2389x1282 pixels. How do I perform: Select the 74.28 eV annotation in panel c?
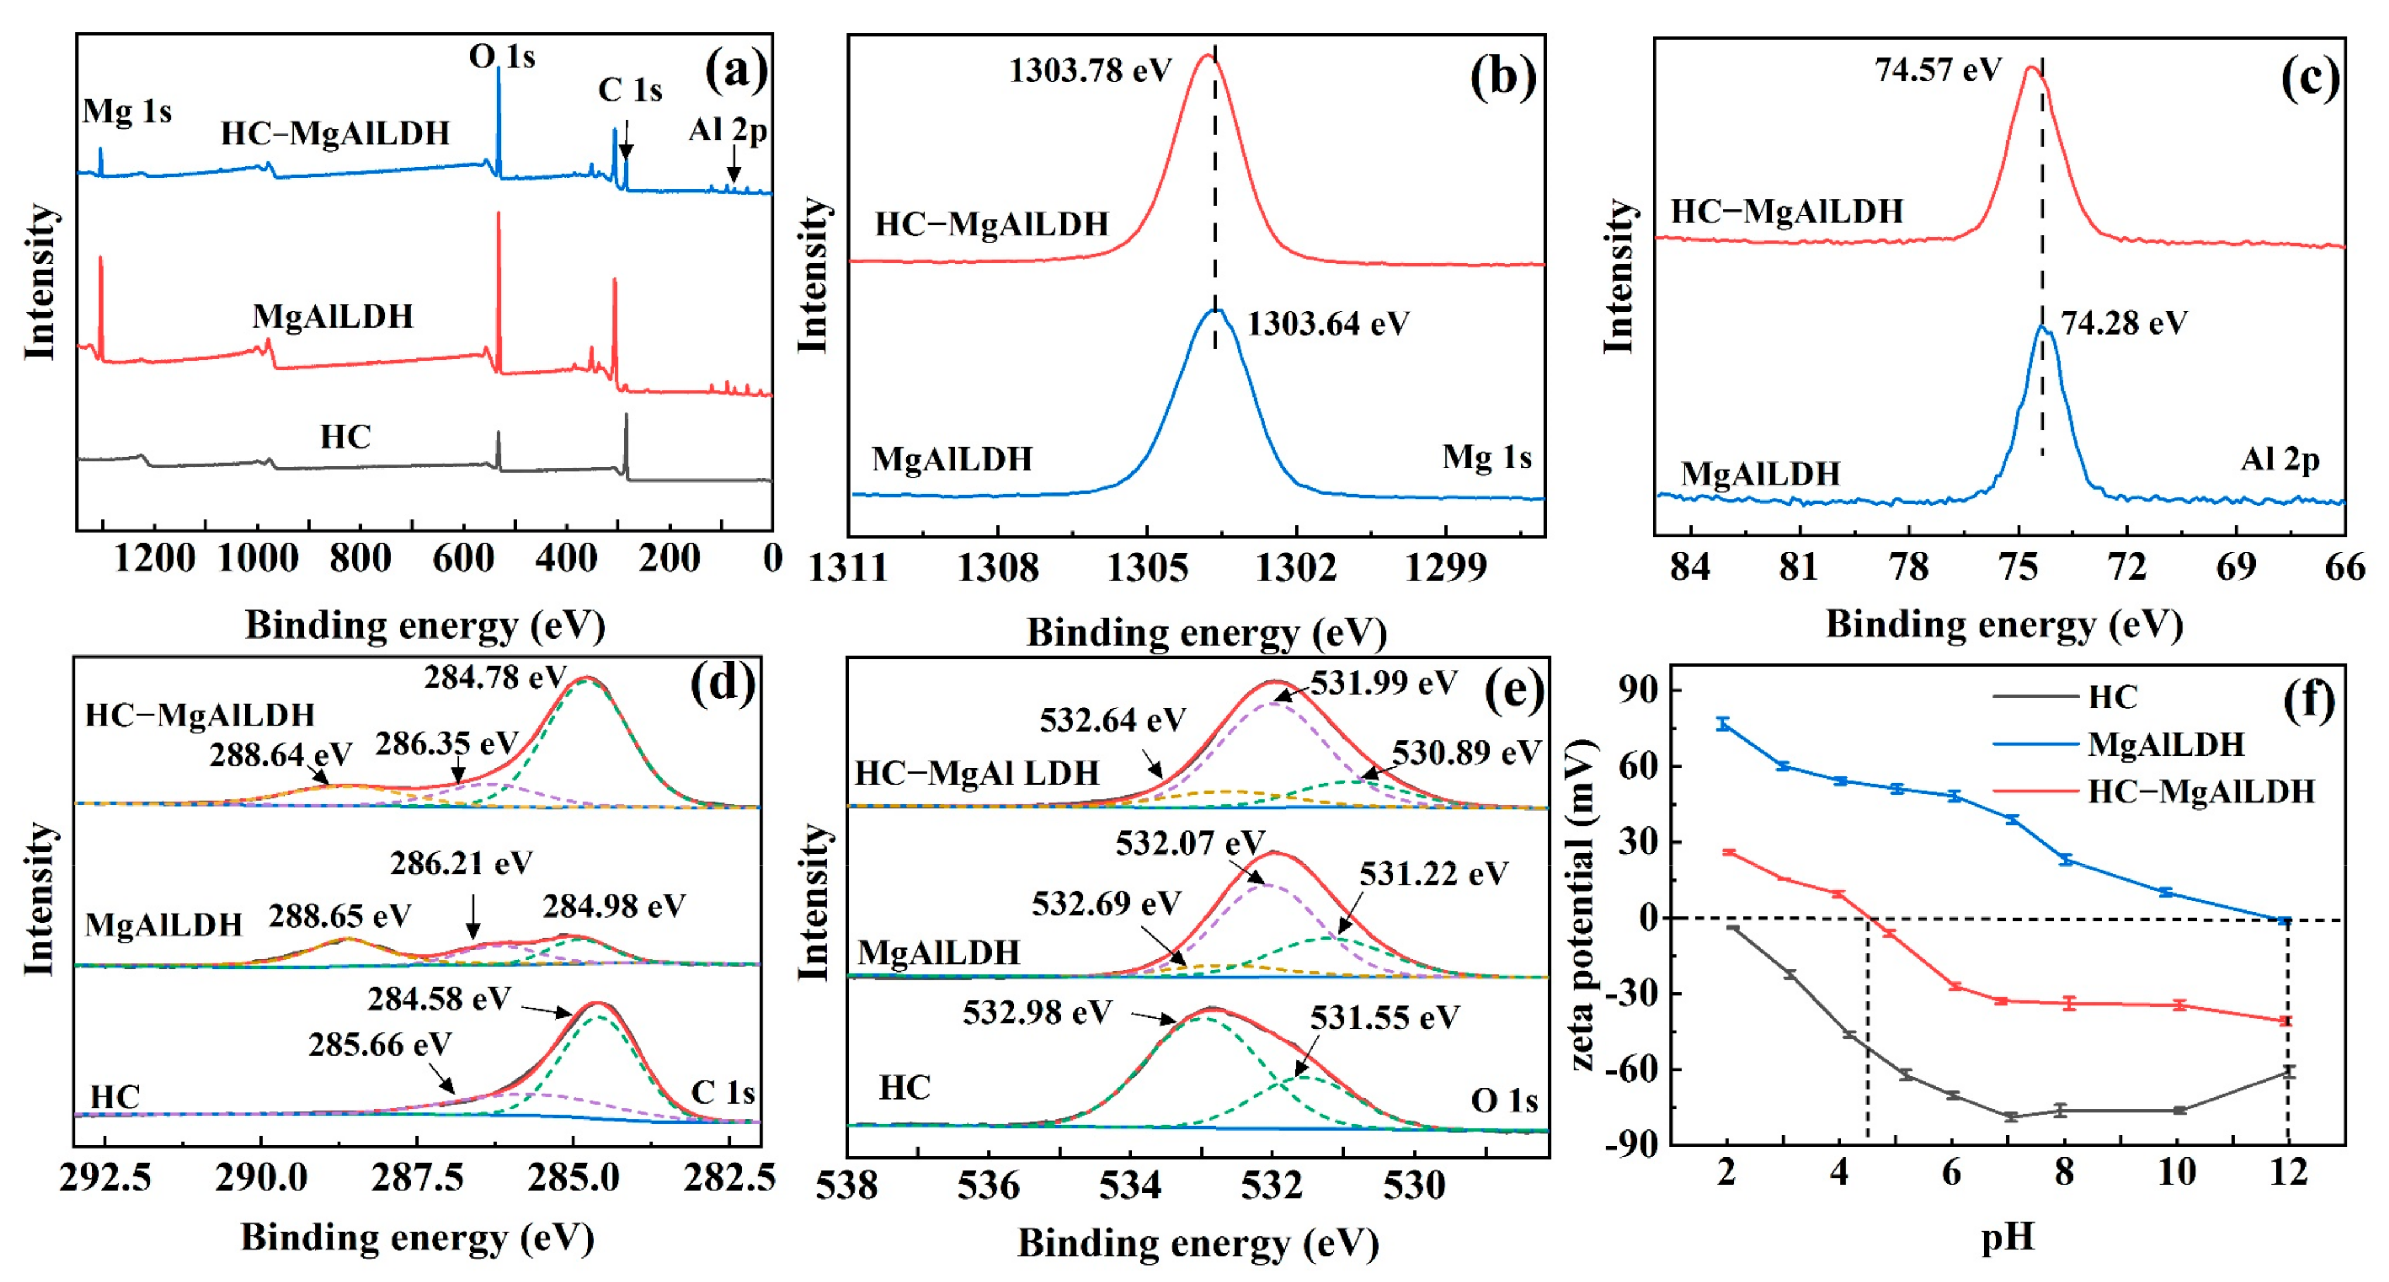(x=2124, y=323)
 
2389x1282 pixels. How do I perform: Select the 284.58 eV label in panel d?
(x=439, y=998)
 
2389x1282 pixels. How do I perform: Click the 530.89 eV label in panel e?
(x=1465, y=753)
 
